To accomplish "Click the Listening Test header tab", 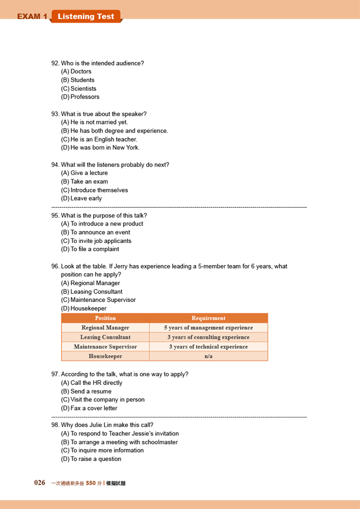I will [86, 16].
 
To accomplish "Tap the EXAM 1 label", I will [32, 17].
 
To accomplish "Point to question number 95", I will [55, 215].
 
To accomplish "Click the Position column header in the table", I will [105, 318].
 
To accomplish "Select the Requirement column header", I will [208, 318].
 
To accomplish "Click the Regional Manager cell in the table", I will [105, 327].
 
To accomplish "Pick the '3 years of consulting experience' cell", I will [208, 337].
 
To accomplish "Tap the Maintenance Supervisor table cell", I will [105, 346].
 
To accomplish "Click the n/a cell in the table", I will [208, 356].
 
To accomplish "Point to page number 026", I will [39, 483].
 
